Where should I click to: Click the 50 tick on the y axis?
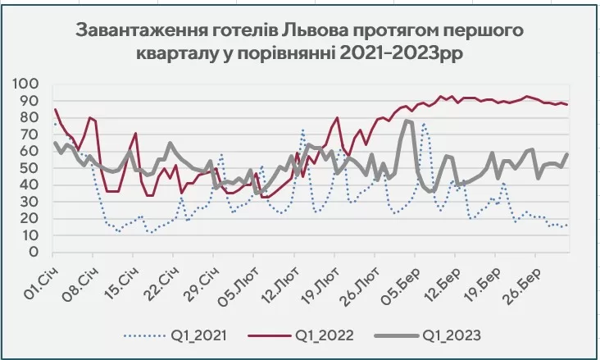coord(30,168)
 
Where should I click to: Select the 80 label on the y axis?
coord(30,118)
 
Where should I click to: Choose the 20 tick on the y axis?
coord(30,218)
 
